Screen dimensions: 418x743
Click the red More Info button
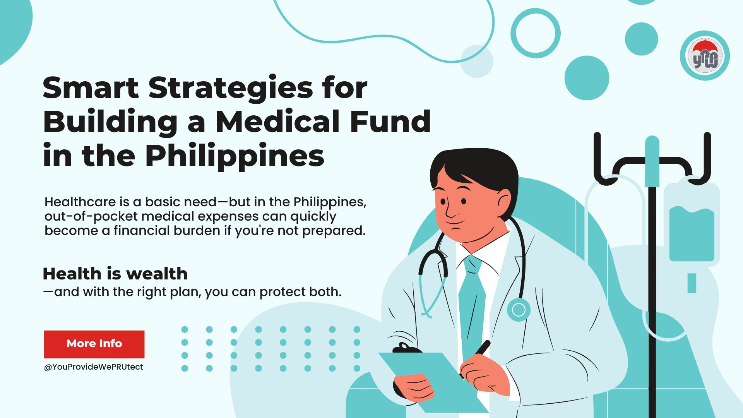94,344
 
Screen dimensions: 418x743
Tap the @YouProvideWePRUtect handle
93,367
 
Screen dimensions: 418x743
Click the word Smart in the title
91,88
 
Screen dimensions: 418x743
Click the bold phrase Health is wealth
115,274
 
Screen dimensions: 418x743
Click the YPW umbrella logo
705,56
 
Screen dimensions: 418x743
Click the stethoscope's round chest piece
519,310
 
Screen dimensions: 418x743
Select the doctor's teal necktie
472,302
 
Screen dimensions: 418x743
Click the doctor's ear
504,201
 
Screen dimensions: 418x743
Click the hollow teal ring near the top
535,33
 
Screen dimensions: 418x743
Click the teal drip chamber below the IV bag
692,283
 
